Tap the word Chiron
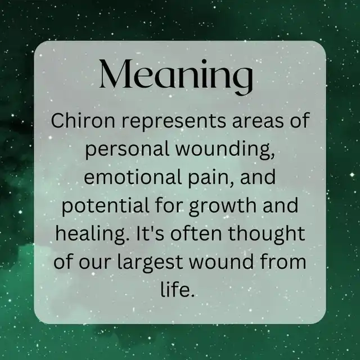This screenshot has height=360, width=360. (83, 120)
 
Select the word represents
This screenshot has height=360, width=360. (174, 122)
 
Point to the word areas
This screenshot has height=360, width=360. (258, 122)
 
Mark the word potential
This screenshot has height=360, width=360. (106, 206)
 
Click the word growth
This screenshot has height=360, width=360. (223, 206)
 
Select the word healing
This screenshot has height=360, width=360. (91, 234)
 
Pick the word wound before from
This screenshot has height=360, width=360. (221, 261)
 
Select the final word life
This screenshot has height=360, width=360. (177, 289)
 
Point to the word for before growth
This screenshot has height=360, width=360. (169, 205)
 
